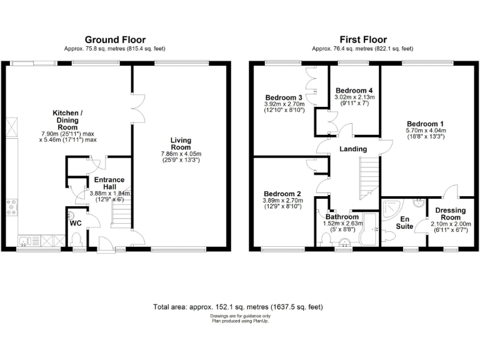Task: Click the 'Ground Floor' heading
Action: [114, 39]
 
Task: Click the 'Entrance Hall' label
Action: [109, 184]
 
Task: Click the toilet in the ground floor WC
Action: [77, 240]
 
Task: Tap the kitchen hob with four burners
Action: [11, 207]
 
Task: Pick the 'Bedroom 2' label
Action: [282, 193]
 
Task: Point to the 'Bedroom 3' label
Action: [284, 98]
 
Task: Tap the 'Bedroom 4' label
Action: [354, 90]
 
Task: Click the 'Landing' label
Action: [352, 149]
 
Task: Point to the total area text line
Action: [238, 307]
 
